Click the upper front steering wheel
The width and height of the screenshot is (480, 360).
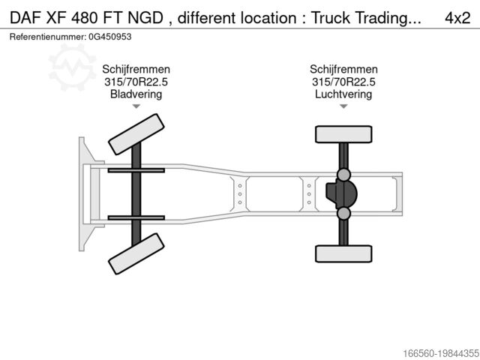coord(136,135)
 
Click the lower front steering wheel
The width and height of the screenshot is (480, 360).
coord(136,253)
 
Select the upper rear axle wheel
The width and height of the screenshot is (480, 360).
coord(343,134)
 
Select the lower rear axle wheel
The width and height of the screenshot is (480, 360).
coord(343,253)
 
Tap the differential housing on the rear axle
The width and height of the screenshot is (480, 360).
coord(343,194)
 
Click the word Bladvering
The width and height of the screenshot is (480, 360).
coord(136,94)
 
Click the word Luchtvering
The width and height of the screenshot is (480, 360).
coord(343,94)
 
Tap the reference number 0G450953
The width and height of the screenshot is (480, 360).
coord(112,37)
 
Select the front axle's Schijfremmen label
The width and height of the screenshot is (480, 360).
coord(136,69)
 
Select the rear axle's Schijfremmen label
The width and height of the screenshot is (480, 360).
coord(343,69)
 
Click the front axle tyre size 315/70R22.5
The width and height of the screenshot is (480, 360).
coord(136,82)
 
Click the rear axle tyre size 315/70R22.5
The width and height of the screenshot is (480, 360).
coord(343,82)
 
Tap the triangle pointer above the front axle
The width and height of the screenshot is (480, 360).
coord(136,106)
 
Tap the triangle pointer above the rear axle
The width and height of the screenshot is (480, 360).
coord(343,106)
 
